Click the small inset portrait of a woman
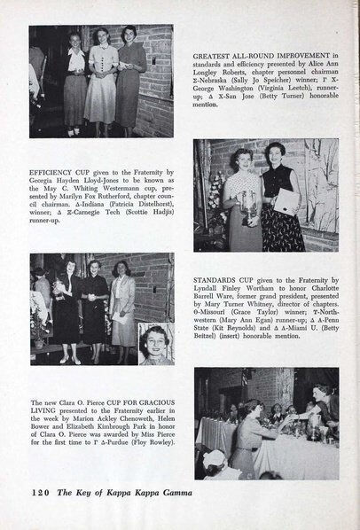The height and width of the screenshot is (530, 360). click(156, 343)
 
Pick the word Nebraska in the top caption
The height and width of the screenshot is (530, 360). click(218, 90)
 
